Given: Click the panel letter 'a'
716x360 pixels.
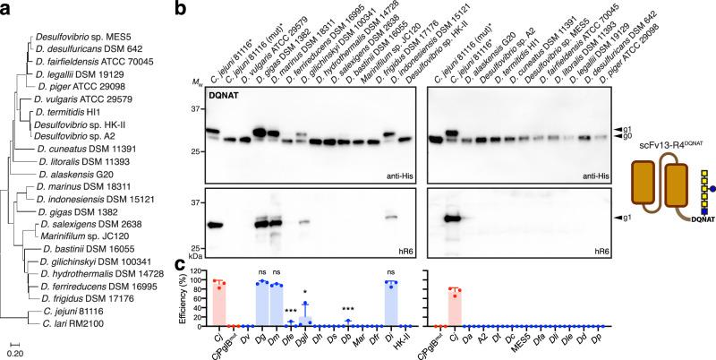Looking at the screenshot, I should point(5,8).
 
